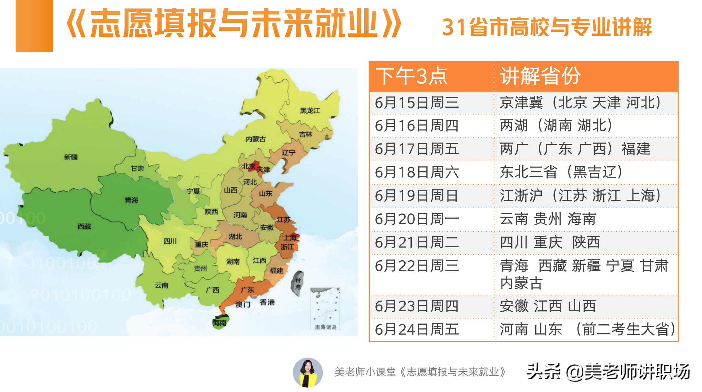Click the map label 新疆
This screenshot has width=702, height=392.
point(71,157)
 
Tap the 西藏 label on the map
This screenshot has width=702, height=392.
point(84,226)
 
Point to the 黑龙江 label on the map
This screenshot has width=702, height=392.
point(310,111)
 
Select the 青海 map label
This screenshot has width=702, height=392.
point(131,200)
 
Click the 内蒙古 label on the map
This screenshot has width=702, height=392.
point(255,139)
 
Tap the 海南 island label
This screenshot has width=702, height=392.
point(220,323)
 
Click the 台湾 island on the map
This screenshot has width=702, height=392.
point(297,283)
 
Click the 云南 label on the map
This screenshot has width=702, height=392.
point(162,286)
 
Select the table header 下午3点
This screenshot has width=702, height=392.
point(411,76)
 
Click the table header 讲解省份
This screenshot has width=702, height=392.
point(540,76)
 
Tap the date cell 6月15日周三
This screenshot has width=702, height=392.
point(417,103)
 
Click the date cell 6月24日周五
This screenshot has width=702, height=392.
point(417,330)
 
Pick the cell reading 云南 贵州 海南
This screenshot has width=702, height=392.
point(548,219)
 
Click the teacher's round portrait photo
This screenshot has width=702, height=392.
point(307,372)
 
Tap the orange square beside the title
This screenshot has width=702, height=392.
point(34,26)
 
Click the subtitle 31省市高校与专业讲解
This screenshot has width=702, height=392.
point(547,27)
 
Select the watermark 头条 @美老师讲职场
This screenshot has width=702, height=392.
point(608,372)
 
